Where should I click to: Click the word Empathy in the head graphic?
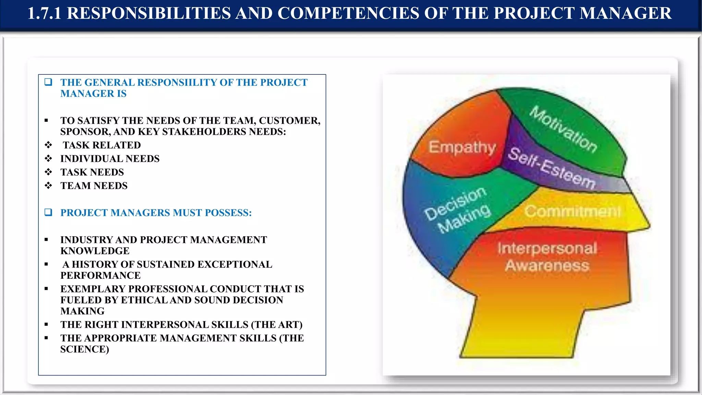[462, 147]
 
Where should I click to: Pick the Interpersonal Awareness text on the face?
[547, 257]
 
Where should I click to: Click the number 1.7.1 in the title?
[44, 13]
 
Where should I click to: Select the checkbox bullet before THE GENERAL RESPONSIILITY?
[48, 82]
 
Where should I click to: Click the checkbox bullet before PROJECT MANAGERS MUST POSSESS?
[48, 212]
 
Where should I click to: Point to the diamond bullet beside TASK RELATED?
[48, 145]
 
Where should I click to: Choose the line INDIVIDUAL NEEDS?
[110, 159]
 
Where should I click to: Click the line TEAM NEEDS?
[94, 186]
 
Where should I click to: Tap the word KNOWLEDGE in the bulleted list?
[95, 251]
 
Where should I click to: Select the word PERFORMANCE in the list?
[100, 276]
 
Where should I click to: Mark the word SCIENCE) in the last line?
[85, 349]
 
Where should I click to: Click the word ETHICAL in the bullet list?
[144, 300]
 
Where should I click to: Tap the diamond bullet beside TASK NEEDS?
[48, 172]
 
